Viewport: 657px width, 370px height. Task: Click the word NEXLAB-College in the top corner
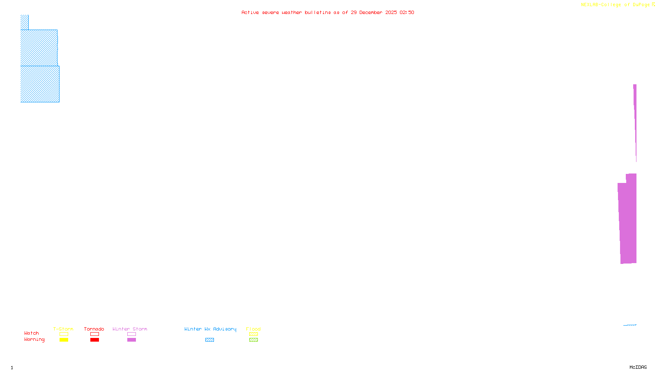601,5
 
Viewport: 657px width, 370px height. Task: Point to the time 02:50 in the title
407,12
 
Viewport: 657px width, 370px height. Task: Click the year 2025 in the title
391,12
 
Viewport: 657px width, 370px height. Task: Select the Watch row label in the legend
32,333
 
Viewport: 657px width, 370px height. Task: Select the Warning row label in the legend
34,340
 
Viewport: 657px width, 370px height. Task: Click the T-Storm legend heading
63,329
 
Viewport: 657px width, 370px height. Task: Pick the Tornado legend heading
94,329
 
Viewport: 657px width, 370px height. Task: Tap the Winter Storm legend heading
130,329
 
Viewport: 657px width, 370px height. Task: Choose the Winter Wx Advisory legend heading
210,329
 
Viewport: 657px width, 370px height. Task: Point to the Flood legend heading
253,329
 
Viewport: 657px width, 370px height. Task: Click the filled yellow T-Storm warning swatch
64,340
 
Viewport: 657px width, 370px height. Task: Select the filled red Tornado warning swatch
94,340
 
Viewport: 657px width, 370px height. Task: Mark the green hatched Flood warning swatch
253,340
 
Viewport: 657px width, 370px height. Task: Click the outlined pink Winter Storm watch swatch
131,334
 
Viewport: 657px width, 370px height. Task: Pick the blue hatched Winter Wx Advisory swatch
209,340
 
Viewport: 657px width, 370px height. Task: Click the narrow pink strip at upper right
635,115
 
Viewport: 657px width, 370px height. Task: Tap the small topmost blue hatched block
25,22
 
